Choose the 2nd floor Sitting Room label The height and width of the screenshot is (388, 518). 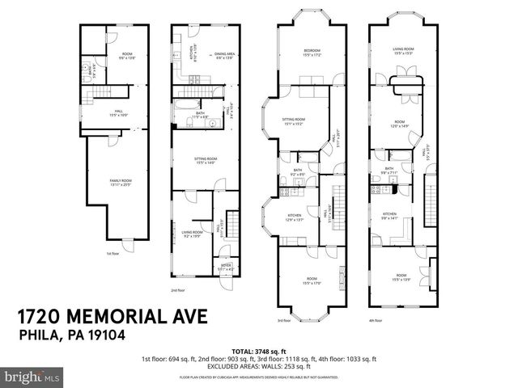pos(205,160)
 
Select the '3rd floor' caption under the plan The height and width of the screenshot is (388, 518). pos(284,320)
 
